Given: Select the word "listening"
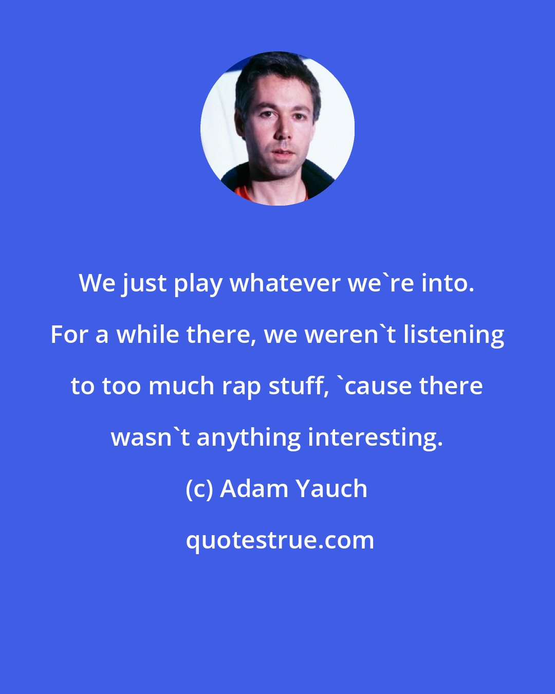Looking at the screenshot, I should (454, 335).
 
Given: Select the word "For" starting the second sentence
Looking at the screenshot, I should (70, 335).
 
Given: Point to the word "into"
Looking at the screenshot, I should (447, 283).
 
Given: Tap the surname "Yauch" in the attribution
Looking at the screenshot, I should (331, 489).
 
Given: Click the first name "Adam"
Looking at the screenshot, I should (254, 489).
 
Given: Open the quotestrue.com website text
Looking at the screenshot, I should (280, 540).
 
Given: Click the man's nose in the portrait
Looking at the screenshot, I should (281, 132).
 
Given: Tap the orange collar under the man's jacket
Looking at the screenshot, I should (245, 194).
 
